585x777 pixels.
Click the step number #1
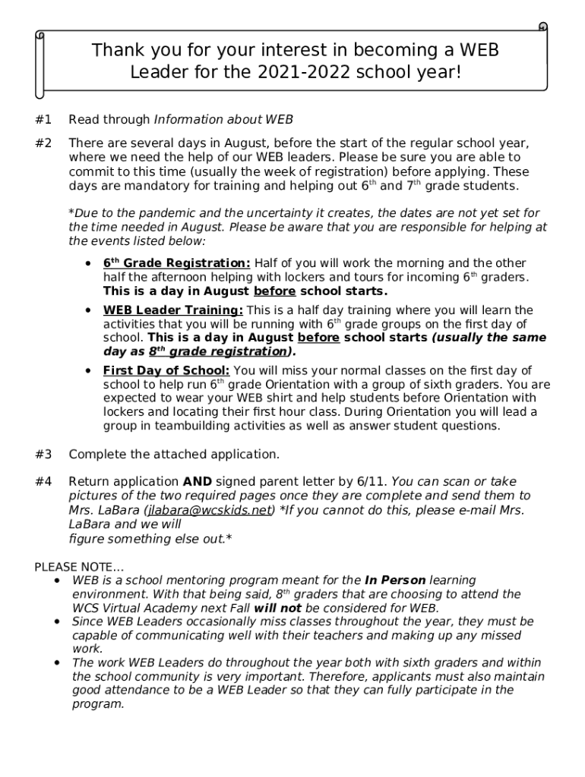tap(43, 120)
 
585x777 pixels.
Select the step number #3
tap(43, 455)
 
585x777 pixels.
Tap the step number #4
tap(43, 482)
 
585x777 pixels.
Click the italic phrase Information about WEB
tap(223, 120)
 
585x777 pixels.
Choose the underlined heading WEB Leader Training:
tap(173, 310)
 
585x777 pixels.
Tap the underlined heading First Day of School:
tap(166, 370)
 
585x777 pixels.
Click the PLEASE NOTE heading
tap(80, 567)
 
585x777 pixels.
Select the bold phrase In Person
tap(395, 580)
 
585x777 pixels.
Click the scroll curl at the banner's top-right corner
tap(542, 28)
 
